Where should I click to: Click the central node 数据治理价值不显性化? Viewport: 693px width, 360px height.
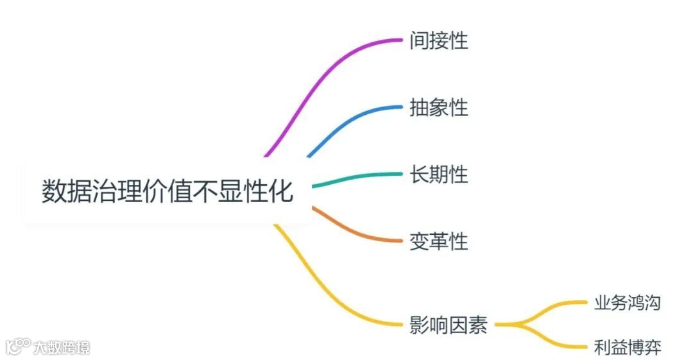[x=167, y=191]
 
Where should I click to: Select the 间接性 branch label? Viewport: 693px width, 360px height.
[x=439, y=41]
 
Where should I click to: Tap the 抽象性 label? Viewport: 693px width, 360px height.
[x=439, y=108]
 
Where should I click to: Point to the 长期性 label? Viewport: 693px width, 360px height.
[x=439, y=174]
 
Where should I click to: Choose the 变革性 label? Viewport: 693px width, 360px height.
[x=439, y=241]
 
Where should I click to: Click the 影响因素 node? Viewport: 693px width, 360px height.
[x=448, y=325]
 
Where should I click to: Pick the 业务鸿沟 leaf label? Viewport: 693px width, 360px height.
[x=627, y=303]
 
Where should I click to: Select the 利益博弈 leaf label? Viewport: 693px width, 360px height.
[x=627, y=348]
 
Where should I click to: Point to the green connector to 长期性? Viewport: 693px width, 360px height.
[x=359, y=178]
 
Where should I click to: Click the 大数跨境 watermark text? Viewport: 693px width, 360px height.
[x=62, y=348]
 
